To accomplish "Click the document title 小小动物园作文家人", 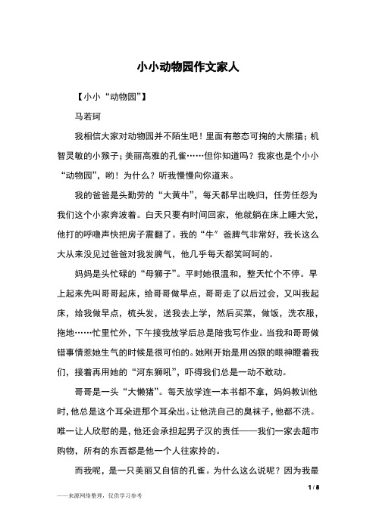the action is click(188, 67).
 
